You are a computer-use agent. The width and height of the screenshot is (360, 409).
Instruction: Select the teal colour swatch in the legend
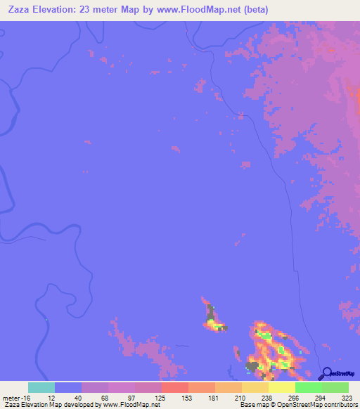pyautogui.click(x=41, y=387)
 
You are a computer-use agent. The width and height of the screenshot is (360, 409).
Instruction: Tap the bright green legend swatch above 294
pyautogui.click(x=309, y=387)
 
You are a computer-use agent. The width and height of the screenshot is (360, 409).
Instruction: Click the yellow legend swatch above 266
pyautogui.click(x=282, y=387)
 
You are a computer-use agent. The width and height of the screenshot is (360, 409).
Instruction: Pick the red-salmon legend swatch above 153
pyautogui.click(x=175, y=387)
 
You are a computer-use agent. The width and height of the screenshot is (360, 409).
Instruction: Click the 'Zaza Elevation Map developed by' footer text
pyautogui.click(x=51, y=405)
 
